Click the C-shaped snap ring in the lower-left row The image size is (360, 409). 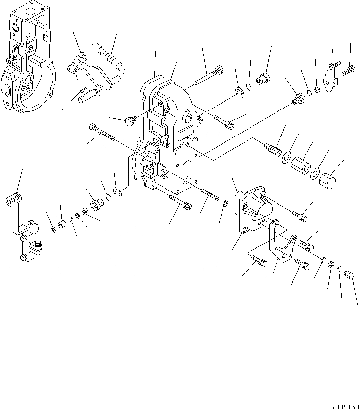(117, 191)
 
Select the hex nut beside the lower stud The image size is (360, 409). (223, 203)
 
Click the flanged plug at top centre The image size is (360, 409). (264, 77)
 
